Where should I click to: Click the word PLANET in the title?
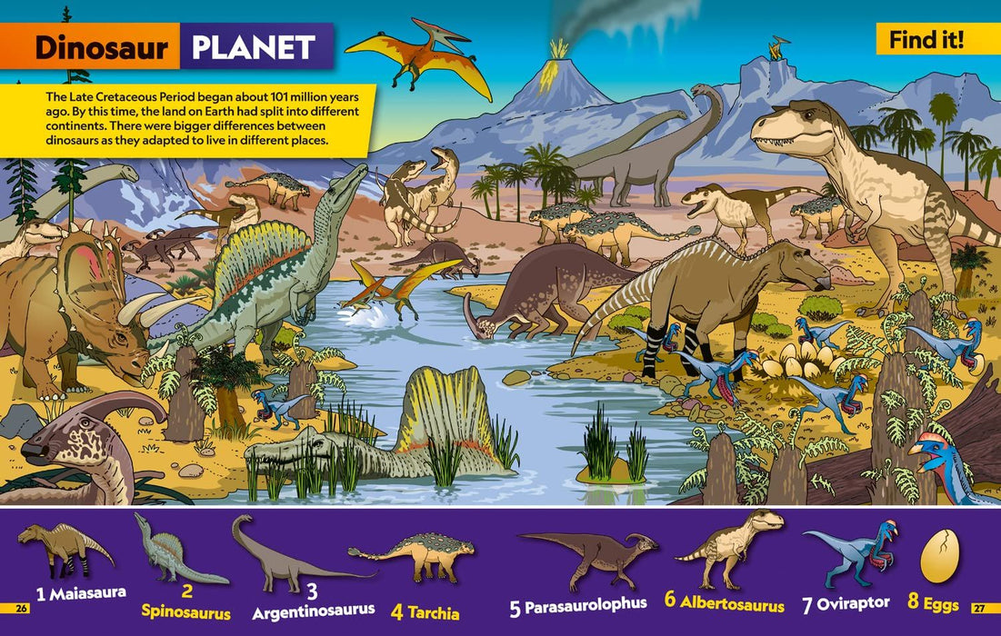click(254, 47)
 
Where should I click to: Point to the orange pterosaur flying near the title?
click(418, 56)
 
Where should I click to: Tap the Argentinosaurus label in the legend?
click(313, 610)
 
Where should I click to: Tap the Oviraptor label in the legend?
click(855, 603)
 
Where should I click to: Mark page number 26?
click(23, 608)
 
